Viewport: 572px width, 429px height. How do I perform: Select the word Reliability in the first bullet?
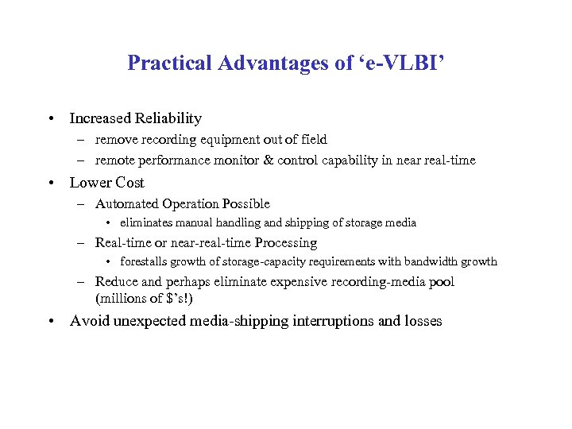(167, 118)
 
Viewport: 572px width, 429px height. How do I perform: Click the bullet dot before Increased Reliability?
(50, 119)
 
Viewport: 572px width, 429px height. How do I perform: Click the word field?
(312, 140)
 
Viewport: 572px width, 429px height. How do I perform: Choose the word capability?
(350, 160)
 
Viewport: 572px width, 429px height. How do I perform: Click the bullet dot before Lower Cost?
(50, 183)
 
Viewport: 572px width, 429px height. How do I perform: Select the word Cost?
(129, 182)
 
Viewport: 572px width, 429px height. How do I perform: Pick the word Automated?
(126, 204)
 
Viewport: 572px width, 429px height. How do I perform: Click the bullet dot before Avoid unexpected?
(50, 322)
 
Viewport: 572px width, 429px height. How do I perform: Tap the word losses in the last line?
(423, 321)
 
